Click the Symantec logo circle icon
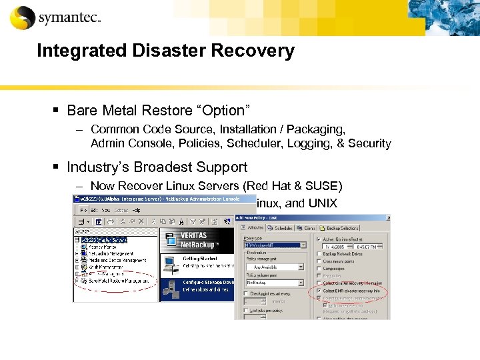[x=22, y=17]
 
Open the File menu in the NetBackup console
[x=80, y=210]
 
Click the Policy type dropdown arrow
[x=303, y=245]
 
